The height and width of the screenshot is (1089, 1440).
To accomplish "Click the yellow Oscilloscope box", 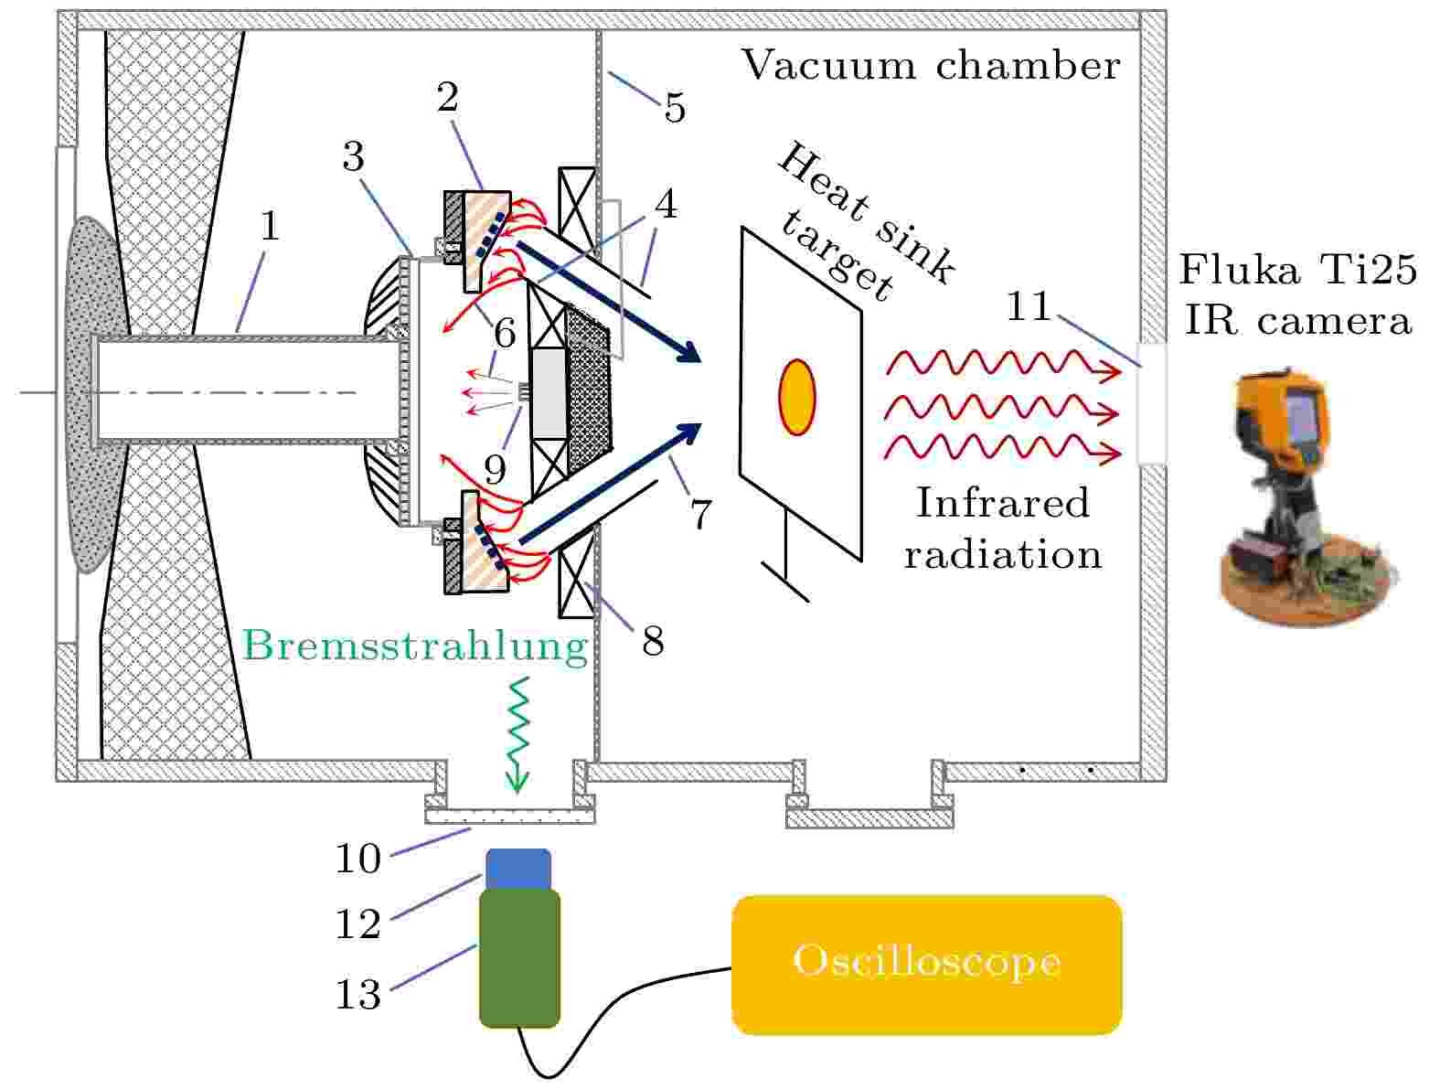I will pos(926,964).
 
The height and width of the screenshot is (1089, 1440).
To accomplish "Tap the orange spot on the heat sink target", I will pos(796,397).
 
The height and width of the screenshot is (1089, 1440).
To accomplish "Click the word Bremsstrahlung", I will pos(416,646).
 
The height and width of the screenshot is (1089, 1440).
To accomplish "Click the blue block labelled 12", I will pos(517,869).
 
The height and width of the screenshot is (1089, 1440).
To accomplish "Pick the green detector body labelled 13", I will pos(519,958).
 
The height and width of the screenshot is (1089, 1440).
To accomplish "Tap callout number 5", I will pos(674,108).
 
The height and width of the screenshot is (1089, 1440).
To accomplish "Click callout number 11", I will pos(1029,306).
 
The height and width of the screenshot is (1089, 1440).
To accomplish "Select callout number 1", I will pos(269,225).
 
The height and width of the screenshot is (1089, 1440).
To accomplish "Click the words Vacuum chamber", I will pos(930,66).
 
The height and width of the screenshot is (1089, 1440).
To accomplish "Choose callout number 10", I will pos(357,859).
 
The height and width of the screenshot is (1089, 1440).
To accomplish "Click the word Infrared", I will pos(1003,503).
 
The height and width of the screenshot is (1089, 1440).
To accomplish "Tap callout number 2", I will pos(447,97).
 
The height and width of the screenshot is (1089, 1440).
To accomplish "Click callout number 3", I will pos(353,156).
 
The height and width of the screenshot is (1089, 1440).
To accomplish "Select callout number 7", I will pos(700,515).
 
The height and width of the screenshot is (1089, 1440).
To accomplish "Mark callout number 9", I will pos(495,470).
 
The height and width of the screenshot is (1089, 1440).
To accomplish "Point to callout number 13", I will pos(357,994).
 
